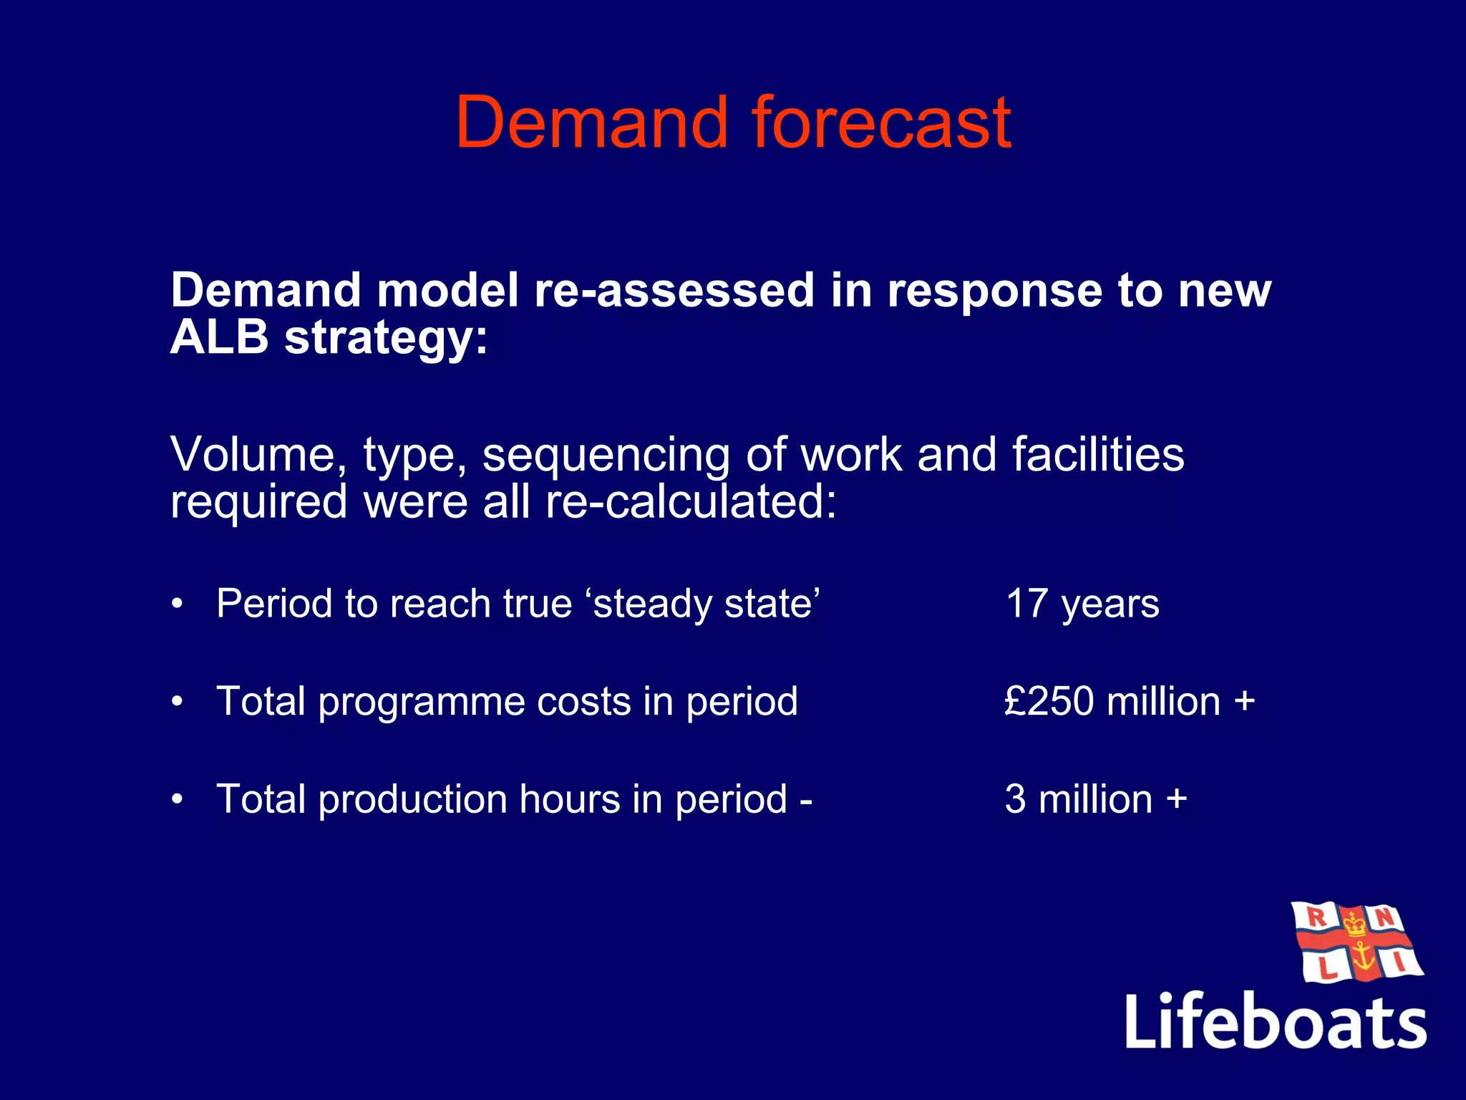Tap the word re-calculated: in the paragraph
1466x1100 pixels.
coord(691,501)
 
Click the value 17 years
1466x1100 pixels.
coord(1082,604)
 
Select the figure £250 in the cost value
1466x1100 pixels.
coord(1049,701)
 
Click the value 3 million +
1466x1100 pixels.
coord(1095,799)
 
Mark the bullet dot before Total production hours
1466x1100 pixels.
coord(178,800)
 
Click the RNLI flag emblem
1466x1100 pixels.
coord(1356,942)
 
